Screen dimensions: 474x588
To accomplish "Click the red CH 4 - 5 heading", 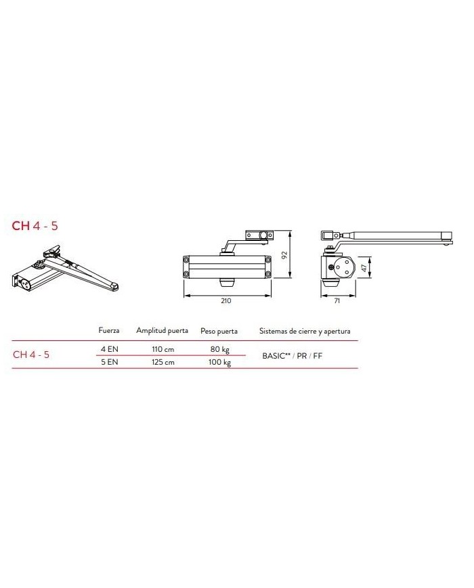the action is click(35, 226).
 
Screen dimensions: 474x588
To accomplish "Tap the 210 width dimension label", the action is click(226, 300).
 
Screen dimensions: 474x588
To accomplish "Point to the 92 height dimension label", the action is click(284, 254).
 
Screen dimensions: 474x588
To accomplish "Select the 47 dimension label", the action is click(364, 267).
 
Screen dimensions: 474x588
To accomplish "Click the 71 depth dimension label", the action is click(337, 300).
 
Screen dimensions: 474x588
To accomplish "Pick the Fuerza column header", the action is click(109, 330).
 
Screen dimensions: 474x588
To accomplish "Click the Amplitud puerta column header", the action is click(162, 330).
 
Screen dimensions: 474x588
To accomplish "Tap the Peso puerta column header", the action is click(219, 331).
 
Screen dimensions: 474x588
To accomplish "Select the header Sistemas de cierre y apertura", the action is click(305, 331).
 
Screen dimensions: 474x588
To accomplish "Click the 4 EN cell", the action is click(109, 349).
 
